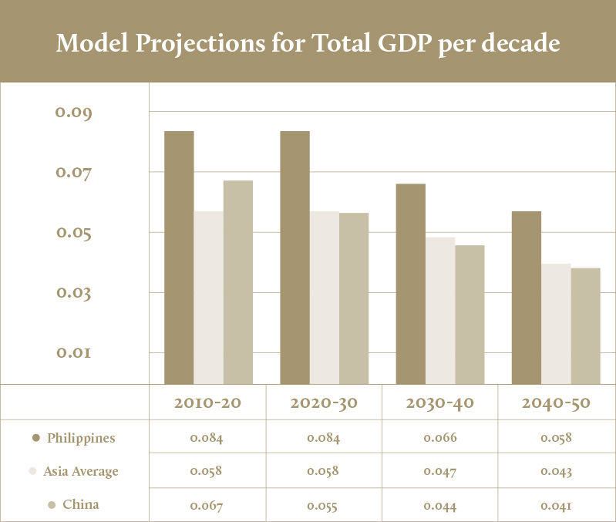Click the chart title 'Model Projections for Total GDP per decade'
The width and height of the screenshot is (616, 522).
(308, 43)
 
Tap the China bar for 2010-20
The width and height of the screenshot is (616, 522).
(238, 281)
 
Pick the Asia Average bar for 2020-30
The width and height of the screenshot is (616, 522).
(325, 297)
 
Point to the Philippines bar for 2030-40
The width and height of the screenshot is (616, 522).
(411, 283)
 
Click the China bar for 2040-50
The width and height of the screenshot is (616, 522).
(585, 325)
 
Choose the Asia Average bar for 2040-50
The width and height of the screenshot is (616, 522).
(556, 323)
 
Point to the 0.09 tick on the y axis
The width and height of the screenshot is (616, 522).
(73, 113)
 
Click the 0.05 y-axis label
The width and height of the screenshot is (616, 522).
(73, 233)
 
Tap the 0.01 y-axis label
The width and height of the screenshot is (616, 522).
(73, 352)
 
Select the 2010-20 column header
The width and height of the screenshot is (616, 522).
(207, 402)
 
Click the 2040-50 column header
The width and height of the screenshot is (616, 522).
(556, 402)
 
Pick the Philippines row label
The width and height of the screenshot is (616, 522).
(81, 438)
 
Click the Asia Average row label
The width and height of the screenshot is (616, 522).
(81, 471)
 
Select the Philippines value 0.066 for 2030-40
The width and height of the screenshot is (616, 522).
(440, 438)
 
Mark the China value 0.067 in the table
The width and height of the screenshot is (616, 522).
(207, 506)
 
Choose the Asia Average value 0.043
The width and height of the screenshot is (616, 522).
(556, 471)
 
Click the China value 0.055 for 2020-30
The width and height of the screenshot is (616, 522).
(323, 506)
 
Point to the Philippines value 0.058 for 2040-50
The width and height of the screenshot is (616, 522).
(556, 438)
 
